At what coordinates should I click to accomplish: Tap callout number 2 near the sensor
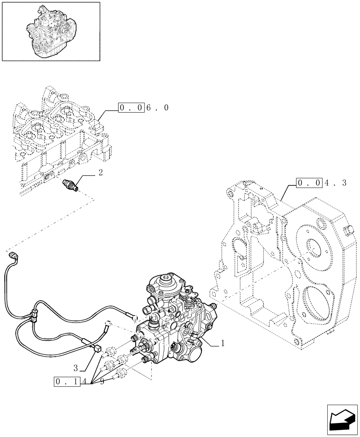100,173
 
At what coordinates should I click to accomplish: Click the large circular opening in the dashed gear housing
313,247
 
